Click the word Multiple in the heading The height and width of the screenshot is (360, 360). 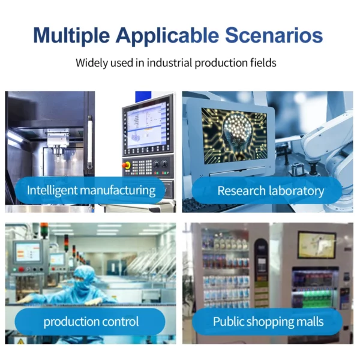tap(71, 35)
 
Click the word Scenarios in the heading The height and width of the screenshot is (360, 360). tap(274, 35)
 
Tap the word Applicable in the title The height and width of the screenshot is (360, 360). tap(167, 35)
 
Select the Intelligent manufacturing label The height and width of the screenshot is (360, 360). tap(91, 191)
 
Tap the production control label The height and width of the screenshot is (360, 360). tap(91, 322)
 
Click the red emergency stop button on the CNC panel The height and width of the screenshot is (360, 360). tap(127, 165)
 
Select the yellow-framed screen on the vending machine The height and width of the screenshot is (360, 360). tap(317, 245)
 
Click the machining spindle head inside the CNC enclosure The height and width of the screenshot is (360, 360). tap(58, 142)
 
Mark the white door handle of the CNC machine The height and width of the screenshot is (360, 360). tap(91, 142)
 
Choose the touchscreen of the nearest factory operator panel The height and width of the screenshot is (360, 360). tap(28, 251)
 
